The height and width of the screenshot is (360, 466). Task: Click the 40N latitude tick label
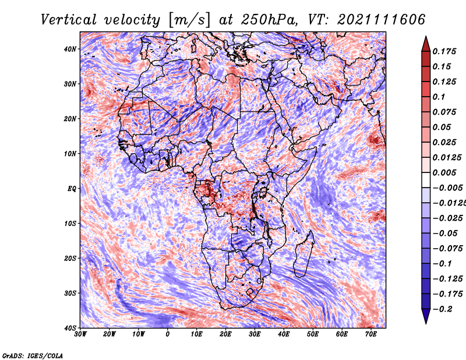point(70,49)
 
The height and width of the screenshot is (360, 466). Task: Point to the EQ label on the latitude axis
point(72,189)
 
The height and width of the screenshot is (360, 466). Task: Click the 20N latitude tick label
point(70,119)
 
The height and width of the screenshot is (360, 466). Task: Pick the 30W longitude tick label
point(80,334)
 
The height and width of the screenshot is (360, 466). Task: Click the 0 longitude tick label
point(168,334)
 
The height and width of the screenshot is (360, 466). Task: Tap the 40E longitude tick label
point(284,334)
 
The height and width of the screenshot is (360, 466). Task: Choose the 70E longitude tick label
point(371,334)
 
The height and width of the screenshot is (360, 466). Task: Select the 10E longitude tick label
point(196,334)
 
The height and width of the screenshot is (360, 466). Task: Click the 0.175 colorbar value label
point(444,51)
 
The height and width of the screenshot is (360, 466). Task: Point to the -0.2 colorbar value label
point(442,309)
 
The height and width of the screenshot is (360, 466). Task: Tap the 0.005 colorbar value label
point(444,172)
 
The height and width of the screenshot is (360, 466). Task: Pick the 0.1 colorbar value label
point(439,97)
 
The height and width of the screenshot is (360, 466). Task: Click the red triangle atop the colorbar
point(426,44)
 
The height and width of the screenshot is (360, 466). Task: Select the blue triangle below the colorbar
point(426,316)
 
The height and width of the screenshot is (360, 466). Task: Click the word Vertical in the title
point(69,20)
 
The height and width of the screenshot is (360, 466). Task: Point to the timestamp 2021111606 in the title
point(382,20)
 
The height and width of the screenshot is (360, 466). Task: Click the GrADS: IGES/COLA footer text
point(33,356)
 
